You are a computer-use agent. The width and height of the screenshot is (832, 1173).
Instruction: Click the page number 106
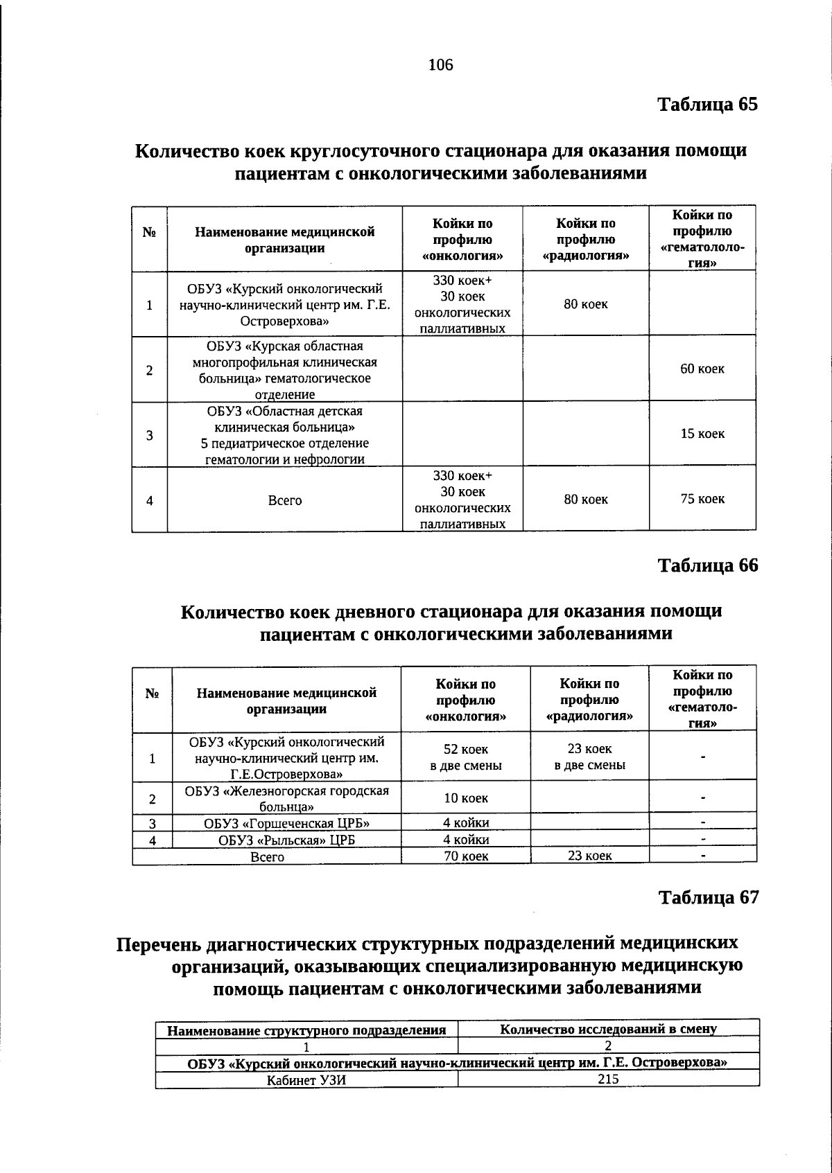[x=440, y=65]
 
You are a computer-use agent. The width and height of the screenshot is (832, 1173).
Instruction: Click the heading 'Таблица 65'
[x=707, y=105]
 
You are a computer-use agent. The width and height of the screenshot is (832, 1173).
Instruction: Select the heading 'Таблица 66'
[x=707, y=565]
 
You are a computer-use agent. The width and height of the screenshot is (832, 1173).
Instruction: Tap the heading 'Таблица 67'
[x=708, y=897]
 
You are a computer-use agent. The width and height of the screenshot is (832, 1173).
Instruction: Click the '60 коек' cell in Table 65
[x=702, y=369]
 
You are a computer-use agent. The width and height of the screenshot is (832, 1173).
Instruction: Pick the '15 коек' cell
[x=702, y=434]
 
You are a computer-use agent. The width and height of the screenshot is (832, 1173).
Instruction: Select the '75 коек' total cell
[x=702, y=499]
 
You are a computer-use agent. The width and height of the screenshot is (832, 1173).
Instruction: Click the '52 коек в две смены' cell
[x=465, y=757]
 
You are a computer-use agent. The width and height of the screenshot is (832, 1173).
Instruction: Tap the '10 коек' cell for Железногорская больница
[x=465, y=798]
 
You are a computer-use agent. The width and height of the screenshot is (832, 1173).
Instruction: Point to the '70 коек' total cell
[x=465, y=856]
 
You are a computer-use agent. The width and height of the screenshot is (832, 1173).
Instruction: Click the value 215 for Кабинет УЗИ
[x=607, y=1079]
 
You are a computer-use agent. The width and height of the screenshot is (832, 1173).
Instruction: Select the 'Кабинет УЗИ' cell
[x=306, y=1079]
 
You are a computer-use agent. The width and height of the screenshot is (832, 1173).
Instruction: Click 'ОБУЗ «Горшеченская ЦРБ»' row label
[x=286, y=823]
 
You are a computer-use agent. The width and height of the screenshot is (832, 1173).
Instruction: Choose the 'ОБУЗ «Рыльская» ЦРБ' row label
[x=286, y=840]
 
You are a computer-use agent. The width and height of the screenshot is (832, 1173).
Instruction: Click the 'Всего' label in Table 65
[x=284, y=500]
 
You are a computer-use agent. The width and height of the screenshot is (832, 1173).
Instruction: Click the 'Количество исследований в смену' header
[x=607, y=1029]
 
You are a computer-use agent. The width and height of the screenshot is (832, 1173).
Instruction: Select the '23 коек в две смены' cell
[x=589, y=757]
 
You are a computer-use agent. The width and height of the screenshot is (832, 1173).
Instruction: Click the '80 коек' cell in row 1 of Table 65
[x=585, y=304]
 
